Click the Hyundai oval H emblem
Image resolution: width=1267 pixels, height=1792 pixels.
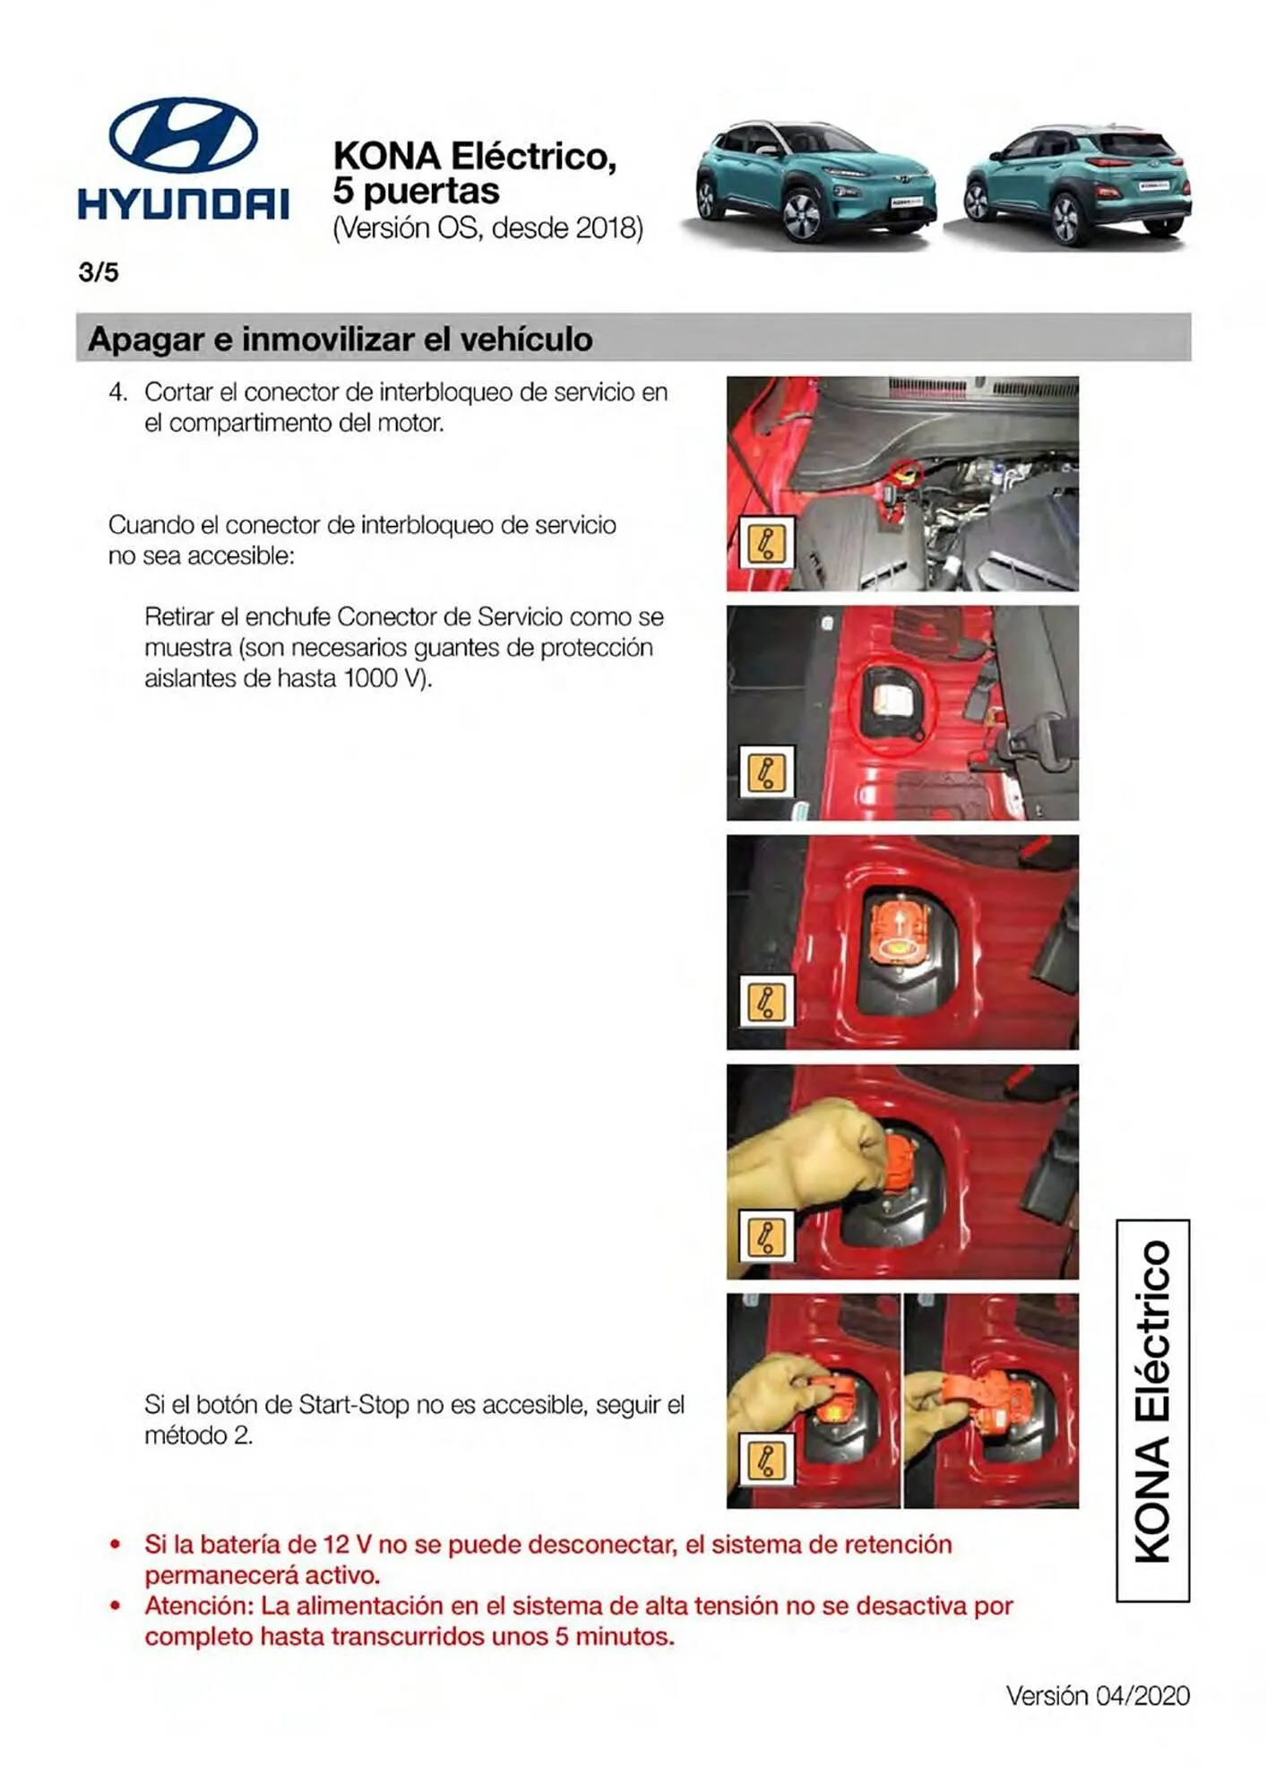tap(183, 134)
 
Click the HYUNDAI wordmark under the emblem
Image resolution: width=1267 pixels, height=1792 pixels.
tap(183, 203)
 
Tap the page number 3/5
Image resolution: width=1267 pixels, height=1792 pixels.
tap(99, 272)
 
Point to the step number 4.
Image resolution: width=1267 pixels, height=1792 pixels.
tap(116, 392)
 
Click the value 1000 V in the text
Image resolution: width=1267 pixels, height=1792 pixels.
tap(381, 678)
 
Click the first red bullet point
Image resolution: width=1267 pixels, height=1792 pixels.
tap(115, 1546)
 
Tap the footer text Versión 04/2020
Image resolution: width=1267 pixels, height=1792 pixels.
tap(1097, 1696)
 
